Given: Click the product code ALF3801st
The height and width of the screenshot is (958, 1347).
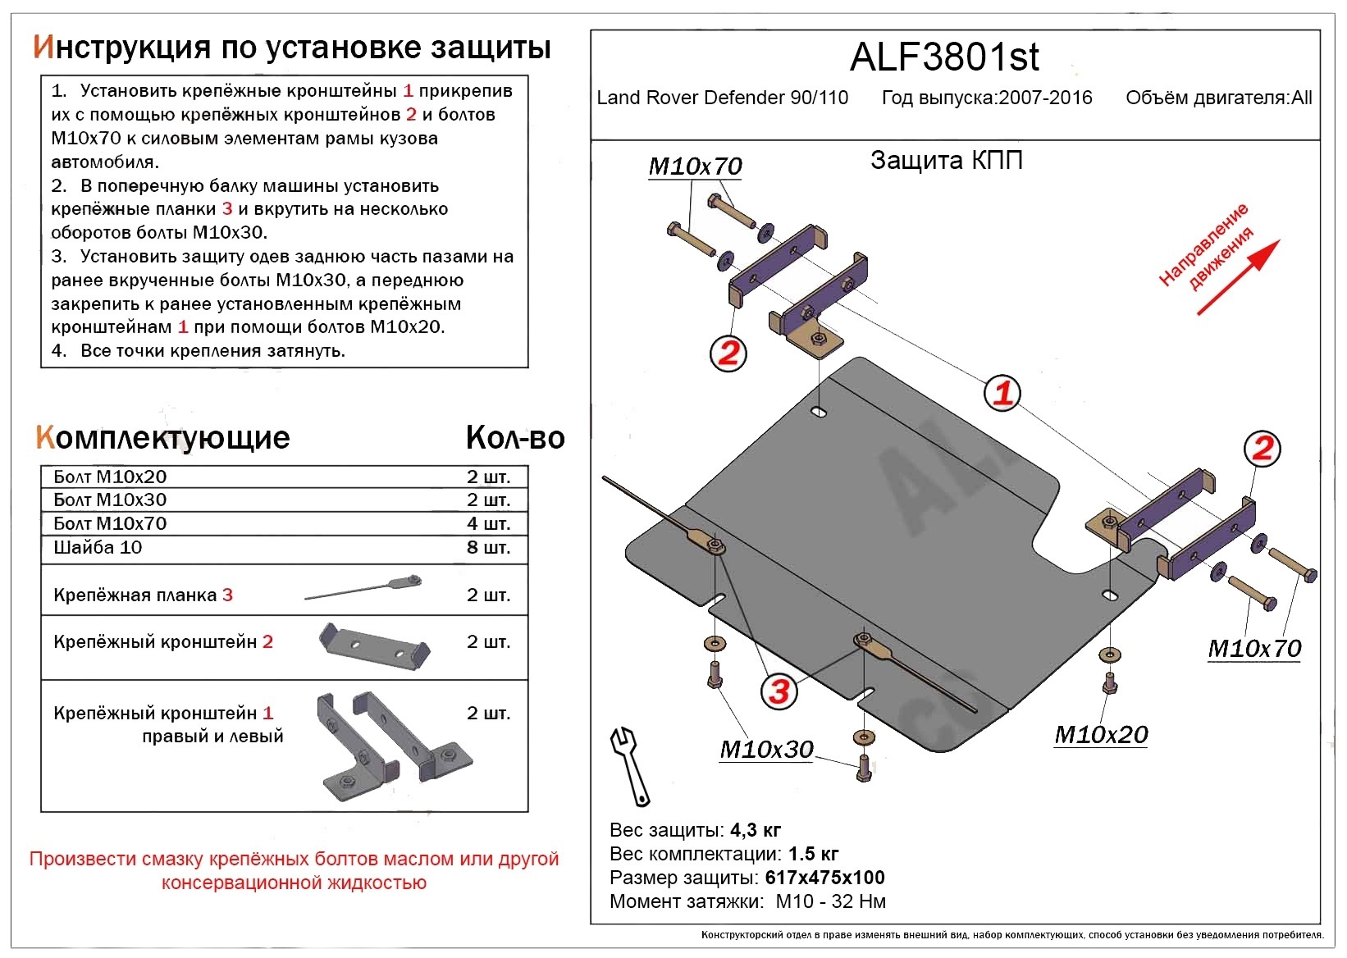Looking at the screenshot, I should click(x=944, y=57).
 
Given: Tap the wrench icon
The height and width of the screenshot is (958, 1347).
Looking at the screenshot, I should click(x=629, y=765).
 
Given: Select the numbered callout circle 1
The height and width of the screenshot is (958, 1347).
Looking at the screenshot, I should click(x=1002, y=393).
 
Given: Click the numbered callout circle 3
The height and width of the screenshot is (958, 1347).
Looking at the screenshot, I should click(x=779, y=691).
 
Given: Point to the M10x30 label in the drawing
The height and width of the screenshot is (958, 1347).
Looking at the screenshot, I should click(x=766, y=750).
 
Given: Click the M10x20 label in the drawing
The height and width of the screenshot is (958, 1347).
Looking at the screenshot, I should click(x=1101, y=735).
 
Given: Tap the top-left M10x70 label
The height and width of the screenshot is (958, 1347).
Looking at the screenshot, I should click(x=695, y=167).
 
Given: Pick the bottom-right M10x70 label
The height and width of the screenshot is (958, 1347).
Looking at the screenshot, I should click(x=1254, y=649).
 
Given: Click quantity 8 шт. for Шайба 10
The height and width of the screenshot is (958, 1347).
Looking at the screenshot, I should click(x=488, y=547).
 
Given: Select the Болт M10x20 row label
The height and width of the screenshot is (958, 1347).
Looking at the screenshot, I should click(x=110, y=477).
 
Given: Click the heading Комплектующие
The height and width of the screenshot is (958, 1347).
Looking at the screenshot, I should click(x=162, y=438).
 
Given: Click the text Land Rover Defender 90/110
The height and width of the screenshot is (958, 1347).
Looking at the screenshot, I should click(x=722, y=98).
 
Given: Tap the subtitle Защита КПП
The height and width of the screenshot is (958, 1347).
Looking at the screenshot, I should click(x=946, y=160).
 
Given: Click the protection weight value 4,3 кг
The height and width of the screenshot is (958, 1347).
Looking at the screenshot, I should click(x=755, y=830).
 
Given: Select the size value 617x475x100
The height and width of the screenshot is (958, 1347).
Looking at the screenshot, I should click(x=824, y=878).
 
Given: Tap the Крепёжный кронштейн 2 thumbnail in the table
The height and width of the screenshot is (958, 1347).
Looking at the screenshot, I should click(x=373, y=645).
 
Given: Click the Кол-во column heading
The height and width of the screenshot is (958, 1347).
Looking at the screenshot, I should click(x=515, y=438).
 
